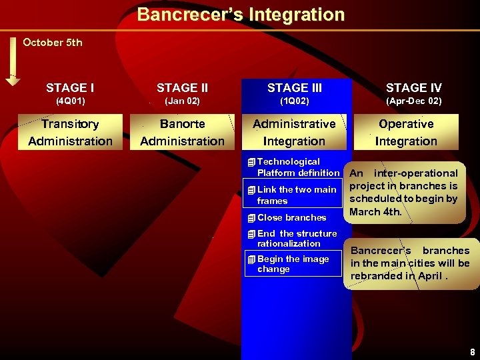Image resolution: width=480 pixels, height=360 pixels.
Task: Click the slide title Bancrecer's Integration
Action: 241,15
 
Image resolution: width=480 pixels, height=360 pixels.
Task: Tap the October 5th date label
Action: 53,43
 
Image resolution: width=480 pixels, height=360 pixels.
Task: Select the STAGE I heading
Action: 70,88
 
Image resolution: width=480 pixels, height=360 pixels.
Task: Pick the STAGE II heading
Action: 182,88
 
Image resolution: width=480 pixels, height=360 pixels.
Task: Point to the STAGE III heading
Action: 294,88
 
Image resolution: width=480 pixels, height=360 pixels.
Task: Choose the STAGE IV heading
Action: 413,88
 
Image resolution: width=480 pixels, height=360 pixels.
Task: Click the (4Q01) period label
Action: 70,102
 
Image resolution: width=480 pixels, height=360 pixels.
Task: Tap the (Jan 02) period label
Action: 182,102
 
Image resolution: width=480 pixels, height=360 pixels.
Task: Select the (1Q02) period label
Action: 294,102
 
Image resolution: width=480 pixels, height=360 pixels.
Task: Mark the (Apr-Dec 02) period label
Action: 413,102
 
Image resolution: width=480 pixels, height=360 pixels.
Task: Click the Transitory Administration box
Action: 70,132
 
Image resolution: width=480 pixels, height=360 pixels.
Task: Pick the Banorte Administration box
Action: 182,132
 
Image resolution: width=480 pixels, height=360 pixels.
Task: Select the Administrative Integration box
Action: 294,132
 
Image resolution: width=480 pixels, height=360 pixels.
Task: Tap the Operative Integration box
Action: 406,132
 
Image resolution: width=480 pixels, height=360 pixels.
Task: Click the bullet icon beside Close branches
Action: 250,218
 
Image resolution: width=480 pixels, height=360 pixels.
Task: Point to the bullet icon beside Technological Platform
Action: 250,162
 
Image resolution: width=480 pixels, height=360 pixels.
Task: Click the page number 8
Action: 471,351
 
